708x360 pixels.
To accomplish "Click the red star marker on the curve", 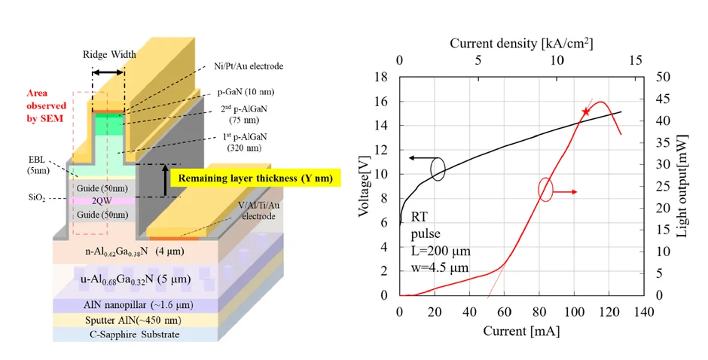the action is point(586,111).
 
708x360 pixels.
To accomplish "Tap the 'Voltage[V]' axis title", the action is point(364,187).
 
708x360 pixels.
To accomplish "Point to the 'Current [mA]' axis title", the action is point(521,331).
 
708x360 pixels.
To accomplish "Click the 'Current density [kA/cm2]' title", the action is point(521,44).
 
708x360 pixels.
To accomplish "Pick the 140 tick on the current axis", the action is point(643,312).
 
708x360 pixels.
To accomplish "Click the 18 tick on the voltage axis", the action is point(380,77).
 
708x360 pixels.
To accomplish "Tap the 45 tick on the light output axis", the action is point(664,99).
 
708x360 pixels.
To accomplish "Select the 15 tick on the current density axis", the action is point(635,60).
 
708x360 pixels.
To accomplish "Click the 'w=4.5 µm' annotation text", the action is point(439,267).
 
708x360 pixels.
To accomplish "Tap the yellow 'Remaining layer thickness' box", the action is point(255,178).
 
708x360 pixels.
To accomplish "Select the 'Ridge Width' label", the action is point(109,55).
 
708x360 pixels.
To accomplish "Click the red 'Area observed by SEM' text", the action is point(46,105).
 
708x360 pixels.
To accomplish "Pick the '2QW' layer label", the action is point(101,200).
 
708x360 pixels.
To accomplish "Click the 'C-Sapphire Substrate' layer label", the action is point(133,334).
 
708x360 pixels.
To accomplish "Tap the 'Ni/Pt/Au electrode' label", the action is point(249,66).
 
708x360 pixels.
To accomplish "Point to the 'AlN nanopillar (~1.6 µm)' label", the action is point(138,305).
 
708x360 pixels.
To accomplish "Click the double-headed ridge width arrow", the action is point(108,72).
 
